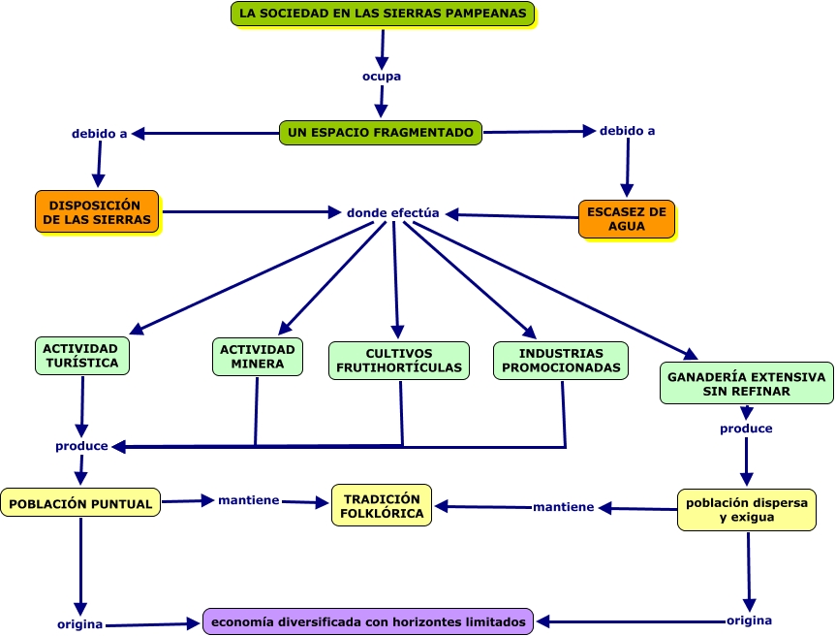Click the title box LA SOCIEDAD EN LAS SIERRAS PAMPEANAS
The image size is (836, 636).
(x=383, y=14)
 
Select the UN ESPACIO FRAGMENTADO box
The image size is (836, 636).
(x=381, y=132)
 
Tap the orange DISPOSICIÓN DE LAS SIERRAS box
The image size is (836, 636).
(x=97, y=211)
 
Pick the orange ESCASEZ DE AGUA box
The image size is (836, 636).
(x=627, y=219)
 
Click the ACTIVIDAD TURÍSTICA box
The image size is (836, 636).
(x=82, y=356)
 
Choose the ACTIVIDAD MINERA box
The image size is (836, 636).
(x=258, y=357)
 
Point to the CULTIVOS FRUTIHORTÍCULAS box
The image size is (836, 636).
(x=399, y=361)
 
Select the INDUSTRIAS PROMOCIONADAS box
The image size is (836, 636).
(x=561, y=361)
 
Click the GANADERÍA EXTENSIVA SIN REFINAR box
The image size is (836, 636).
(x=747, y=384)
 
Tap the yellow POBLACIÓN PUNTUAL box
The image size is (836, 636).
(x=80, y=502)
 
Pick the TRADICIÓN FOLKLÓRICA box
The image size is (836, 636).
(x=382, y=505)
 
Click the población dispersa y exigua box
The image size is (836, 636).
(x=747, y=510)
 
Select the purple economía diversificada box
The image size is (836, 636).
(x=368, y=621)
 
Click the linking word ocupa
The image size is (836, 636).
(x=382, y=77)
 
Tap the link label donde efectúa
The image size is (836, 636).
(x=393, y=213)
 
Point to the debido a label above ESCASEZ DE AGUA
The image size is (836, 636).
(x=627, y=131)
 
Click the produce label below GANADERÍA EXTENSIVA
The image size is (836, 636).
(x=746, y=429)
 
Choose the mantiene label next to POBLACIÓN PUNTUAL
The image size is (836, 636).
(x=248, y=500)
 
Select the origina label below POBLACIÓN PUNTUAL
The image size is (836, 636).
(x=80, y=623)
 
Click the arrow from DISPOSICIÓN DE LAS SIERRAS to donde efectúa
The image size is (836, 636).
(x=252, y=212)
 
